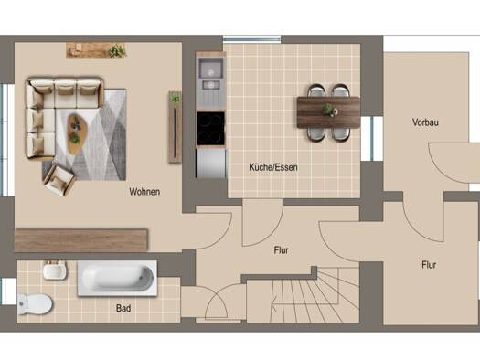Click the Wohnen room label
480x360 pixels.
[x=144, y=192]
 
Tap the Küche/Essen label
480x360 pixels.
[x=273, y=167]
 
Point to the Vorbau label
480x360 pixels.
[x=425, y=122]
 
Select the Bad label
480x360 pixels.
[x=123, y=308]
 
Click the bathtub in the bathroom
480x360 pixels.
[x=118, y=279]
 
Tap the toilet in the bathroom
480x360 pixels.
[x=35, y=304]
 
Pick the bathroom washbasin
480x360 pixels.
[x=55, y=270]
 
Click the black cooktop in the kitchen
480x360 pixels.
[x=210, y=129]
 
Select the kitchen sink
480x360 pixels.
[x=210, y=74]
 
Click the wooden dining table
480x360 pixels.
[x=328, y=112]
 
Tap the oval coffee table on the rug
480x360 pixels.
[x=77, y=133]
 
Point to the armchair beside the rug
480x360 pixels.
[x=59, y=180]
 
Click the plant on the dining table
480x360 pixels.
[x=328, y=110]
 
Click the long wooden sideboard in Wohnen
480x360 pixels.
[x=81, y=240]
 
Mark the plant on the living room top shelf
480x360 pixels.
[x=117, y=51]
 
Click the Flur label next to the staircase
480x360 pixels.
[x=281, y=250]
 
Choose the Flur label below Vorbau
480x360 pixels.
[x=429, y=265]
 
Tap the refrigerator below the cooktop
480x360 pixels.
[x=210, y=163]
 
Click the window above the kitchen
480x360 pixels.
[x=251, y=39]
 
